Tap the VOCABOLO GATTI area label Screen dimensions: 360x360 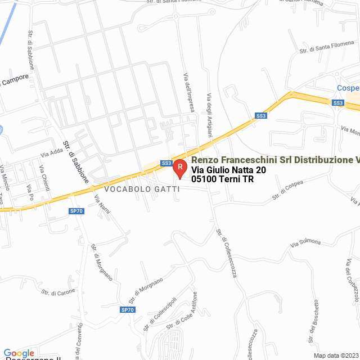tap(142, 190)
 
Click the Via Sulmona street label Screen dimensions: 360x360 tap(305, 243)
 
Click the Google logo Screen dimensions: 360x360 tap(19, 353)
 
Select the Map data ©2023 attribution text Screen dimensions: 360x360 tap(335, 355)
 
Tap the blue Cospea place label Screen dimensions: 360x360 tap(348, 88)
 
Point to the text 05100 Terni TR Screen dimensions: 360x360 tap(223, 179)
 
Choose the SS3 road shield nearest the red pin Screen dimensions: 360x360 tap(166, 163)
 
